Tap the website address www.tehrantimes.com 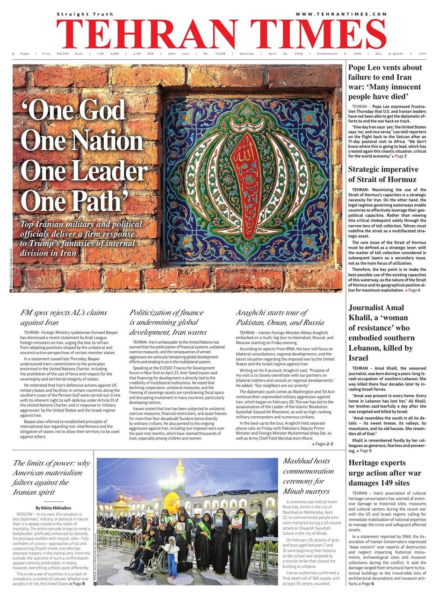click(x=341, y=14)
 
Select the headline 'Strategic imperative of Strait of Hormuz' click(x=383, y=174)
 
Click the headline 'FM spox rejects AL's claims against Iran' click(x=64, y=317)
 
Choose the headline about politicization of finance click(x=167, y=322)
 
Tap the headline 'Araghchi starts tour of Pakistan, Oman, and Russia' click(x=280, y=317)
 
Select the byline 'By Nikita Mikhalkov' click(x=54, y=507)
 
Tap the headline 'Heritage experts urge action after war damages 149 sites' click(x=385, y=473)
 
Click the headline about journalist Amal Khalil click(x=381, y=333)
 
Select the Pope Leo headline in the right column click(x=385, y=82)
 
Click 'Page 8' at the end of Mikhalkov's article click(x=78, y=584)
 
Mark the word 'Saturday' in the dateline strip click(x=247, y=54)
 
